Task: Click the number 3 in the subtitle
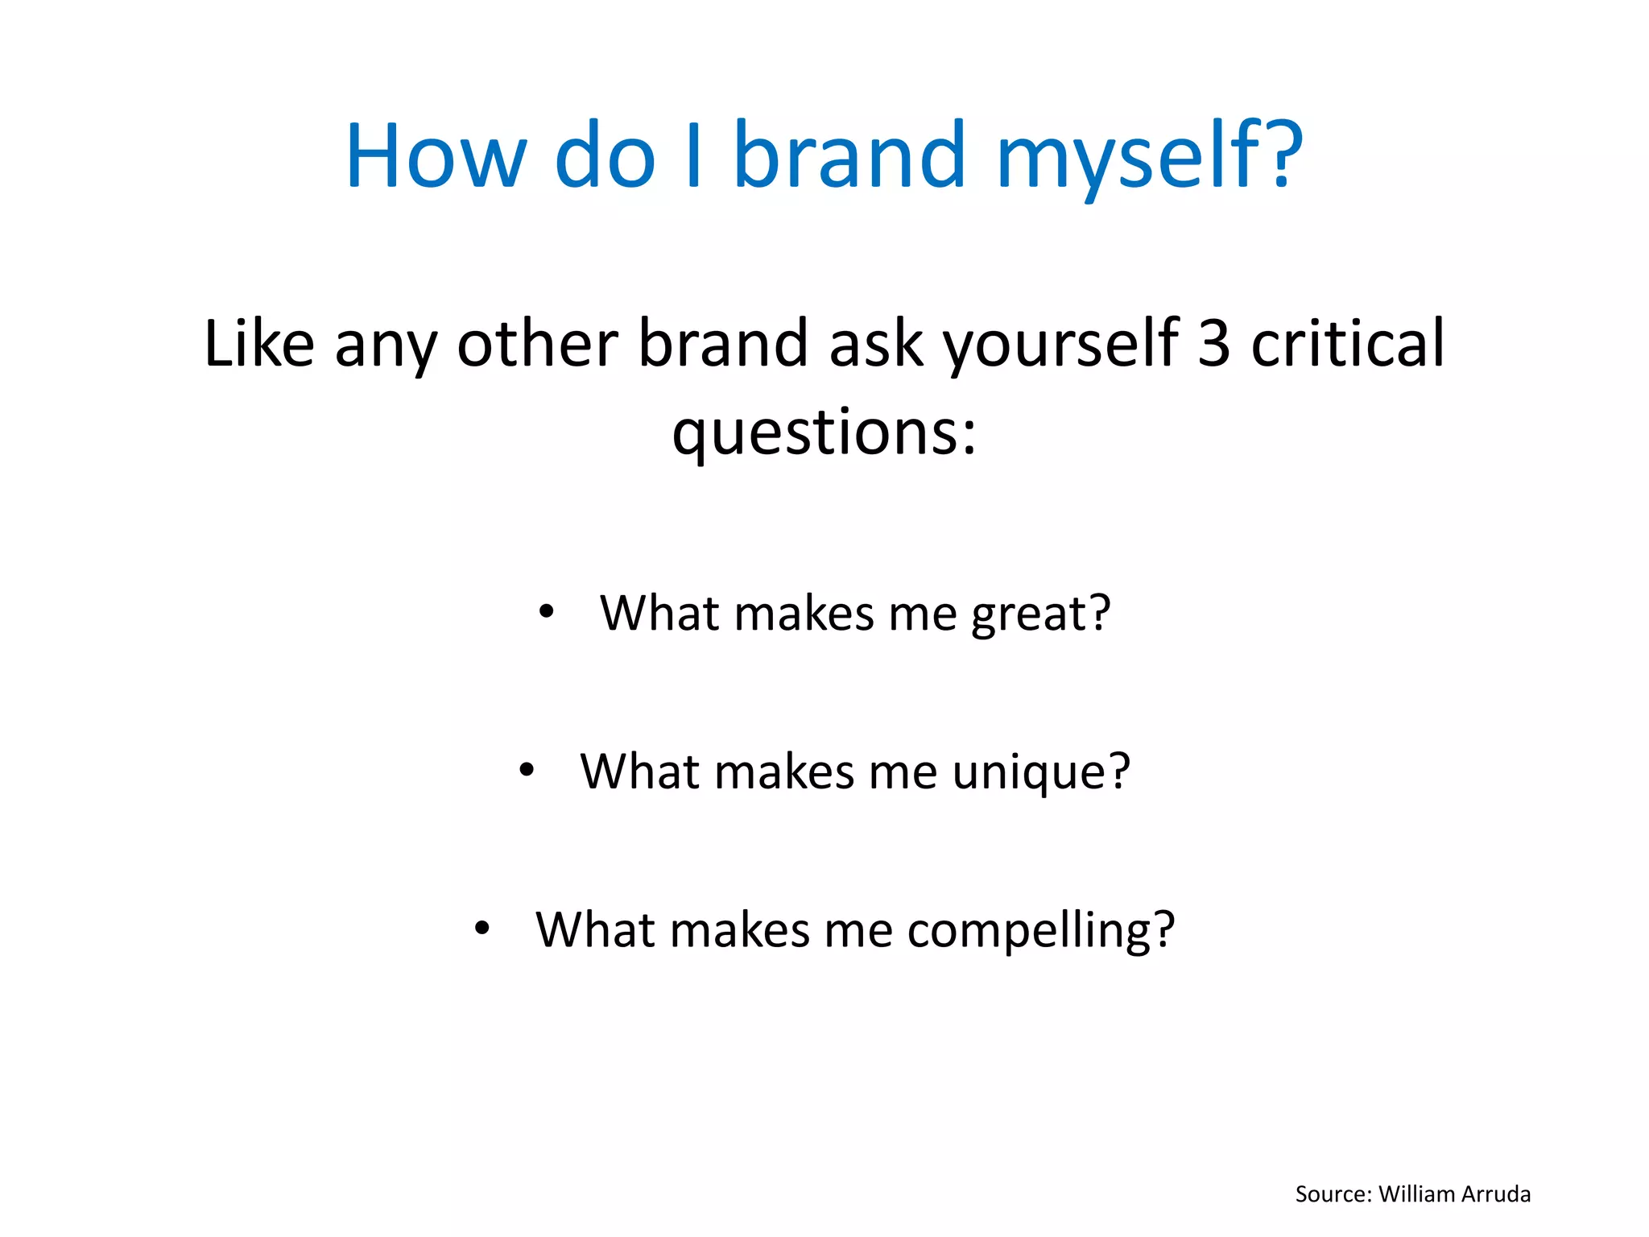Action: (x=1214, y=344)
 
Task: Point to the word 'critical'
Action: (x=1348, y=344)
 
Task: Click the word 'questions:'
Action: (x=824, y=432)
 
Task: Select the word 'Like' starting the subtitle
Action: (x=258, y=344)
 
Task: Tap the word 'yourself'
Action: (x=1060, y=344)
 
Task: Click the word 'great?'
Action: (x=1040, y=614)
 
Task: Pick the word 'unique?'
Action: (x=1041, y=772)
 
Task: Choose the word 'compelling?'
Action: (x=1041, y=931)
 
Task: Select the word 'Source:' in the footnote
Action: (x=1333, y=1194)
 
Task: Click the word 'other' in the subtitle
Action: (x=538, y=344)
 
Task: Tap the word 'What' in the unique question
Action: (x=640, y=772)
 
